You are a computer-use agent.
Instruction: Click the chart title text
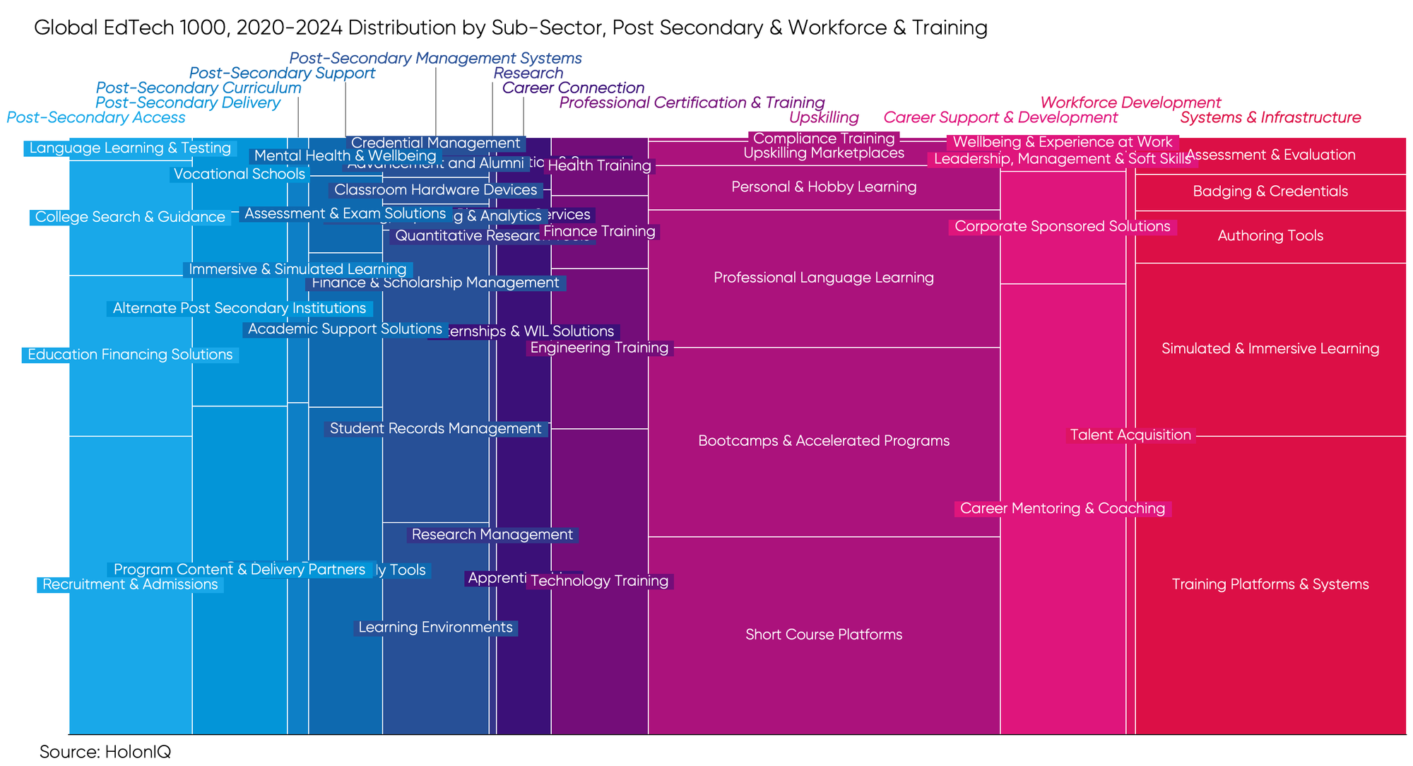pyautogui.click(x=510, y=28)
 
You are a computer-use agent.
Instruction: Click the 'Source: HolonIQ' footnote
pyautogui.click(x=105, y=752)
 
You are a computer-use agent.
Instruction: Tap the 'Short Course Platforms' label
pyautogui.click(x=824, y=635)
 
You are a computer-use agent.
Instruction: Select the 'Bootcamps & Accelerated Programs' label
pyautogui.click(x=824, y=441)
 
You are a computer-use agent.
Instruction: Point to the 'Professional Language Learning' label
pyautogui.click(x=824, y=278)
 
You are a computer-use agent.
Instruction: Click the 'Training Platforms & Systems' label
pyautogui.click(x=1270, y=584)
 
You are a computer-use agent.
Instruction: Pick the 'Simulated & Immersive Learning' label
pyautogui.click(x=1270, y=348)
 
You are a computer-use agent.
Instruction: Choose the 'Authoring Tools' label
pyautogui.click(x=1270, y=236)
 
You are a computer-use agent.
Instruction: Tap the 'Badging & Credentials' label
pyautogui.click(x=1270, y=191)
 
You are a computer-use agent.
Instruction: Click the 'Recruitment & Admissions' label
pyautogui.click(x=130, y=584)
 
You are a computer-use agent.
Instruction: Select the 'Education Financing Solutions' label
pyautogui.click(x=130, y=355)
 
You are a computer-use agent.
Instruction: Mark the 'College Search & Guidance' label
pyautogui.click(x=130, y=217)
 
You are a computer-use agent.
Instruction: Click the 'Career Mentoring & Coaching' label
pyautogui.click(x=1063, y=509)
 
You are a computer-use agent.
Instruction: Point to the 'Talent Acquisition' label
pyautogui.click(x=1130, y=435)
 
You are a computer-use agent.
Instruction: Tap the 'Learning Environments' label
pyautogui.click(x=435, y=627)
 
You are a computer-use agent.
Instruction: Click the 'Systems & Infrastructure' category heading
pyautogui.click(x=1270, y=117)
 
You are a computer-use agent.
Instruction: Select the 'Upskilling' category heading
pyautogui.click(x=824, y=117)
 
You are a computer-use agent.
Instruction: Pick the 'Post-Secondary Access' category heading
pyautogui.click(x=96, y=117)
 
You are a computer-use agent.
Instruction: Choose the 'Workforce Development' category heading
pyautogui.click(x=1130, y=102)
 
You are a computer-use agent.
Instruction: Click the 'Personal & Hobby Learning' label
pyautogui.click(x=824, y=187)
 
